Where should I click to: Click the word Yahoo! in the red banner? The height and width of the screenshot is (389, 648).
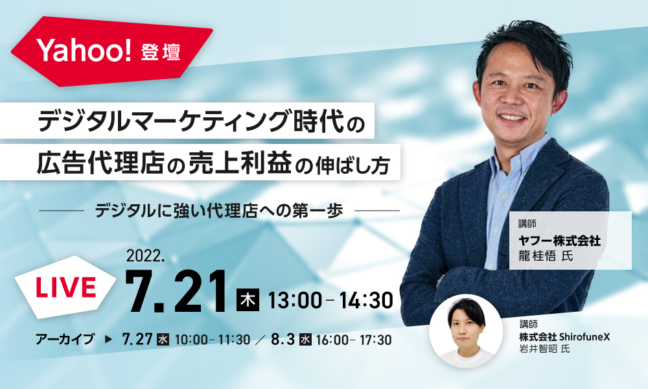click(x=84, y=50)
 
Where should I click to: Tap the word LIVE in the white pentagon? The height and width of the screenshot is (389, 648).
click(x=65, y=287)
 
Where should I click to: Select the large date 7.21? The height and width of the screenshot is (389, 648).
click(x=176, y=292)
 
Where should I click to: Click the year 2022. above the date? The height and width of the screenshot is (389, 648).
click(x=145, y=256)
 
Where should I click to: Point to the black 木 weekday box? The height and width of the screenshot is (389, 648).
click(x=248, y=300)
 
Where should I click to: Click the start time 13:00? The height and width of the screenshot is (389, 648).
click(x=295, y=300)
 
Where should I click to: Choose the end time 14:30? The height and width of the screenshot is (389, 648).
click(x=366, y=300)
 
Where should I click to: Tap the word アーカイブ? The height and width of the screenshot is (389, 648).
click(x=65, y=339)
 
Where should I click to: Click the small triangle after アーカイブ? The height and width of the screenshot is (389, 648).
click(x=109, y=339)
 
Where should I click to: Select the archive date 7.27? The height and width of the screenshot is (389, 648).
click(x=137, y=339)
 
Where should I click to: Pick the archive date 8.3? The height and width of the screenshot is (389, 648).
click(x=283, y=339)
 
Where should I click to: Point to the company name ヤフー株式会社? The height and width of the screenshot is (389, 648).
click(x=560, y=241)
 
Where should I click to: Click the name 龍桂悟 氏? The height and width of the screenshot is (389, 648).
click(x=546, y=256)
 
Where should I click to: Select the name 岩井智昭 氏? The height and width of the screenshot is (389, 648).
click(x=544, y=349)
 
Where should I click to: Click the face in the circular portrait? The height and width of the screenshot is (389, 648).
click(x=466, y=327)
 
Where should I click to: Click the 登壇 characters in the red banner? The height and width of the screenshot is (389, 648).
click(x=161, y=53)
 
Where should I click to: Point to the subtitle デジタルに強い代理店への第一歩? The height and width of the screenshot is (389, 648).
click(x=219, y=211)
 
